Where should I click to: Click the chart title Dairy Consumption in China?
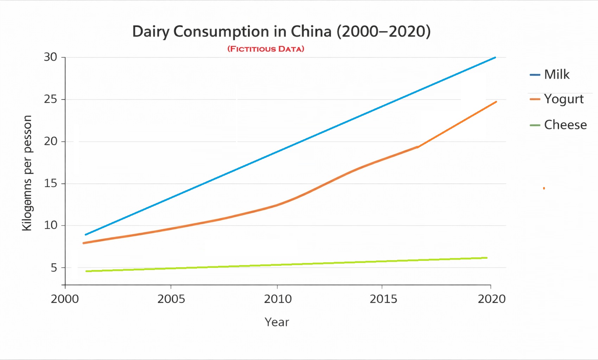pos(281,32)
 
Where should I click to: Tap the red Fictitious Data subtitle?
pos(266,49)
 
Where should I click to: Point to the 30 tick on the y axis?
pos(51,57)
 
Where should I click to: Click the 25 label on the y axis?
pos(51,99)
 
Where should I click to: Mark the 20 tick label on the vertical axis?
pos(51,141)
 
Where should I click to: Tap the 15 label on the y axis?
pos(51,184)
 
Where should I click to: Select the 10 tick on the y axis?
pos(51,225)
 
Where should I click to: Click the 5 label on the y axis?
pos(54,268)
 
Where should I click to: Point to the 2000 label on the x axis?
pos(65,299)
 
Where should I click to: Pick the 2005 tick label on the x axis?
pos(171,299)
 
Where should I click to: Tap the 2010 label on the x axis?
pos(278,299)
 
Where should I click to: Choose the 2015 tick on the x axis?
pos(383,299)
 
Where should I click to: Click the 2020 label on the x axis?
pos(491,299)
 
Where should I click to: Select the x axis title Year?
pos(277,322)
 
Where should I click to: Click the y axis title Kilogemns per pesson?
pos(27,173)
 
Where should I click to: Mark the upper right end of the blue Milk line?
pos(495,57)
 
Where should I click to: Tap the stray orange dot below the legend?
pos(544,188)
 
